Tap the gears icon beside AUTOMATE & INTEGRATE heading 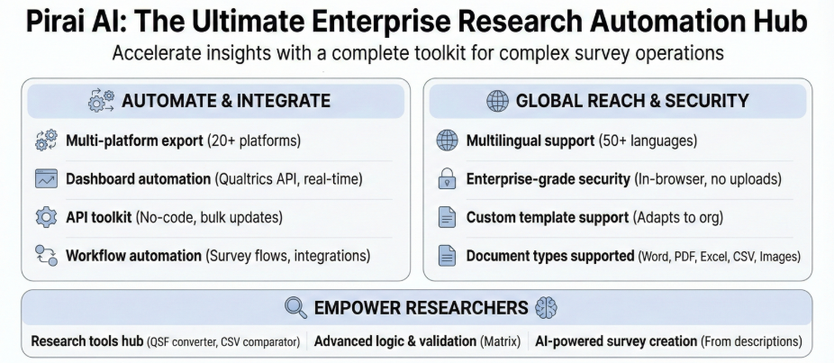tap(101, 101)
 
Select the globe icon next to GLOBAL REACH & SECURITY tap(497, 101)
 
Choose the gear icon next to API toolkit tap(46, 218)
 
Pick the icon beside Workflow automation tap(46, 256)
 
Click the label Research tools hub tap(86, 342)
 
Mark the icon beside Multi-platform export tap(46, 141)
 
